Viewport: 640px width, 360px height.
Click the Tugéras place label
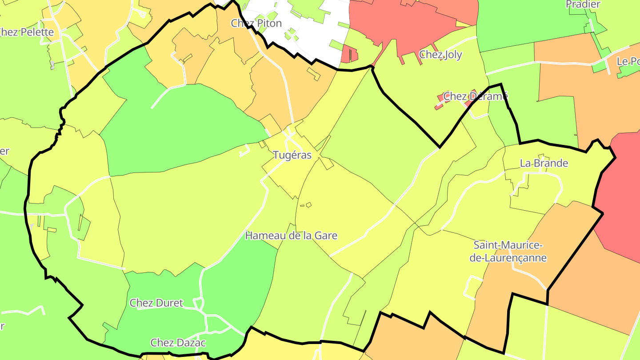tap(292, 155)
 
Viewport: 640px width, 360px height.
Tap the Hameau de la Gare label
tap(291, 236)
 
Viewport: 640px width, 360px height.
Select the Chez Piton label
tap(256, 23)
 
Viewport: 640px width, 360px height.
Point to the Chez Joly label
tap(440, 55)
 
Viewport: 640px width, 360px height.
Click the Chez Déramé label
tap(475, 96)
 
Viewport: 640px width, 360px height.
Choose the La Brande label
tap(544, 163)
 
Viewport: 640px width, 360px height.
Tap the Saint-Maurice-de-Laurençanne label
tap(509, 252)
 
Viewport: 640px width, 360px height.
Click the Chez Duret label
tap(156, 303)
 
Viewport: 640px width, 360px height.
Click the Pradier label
tap(583, 4)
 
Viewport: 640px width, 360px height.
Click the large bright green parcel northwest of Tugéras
tap(178, 129)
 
